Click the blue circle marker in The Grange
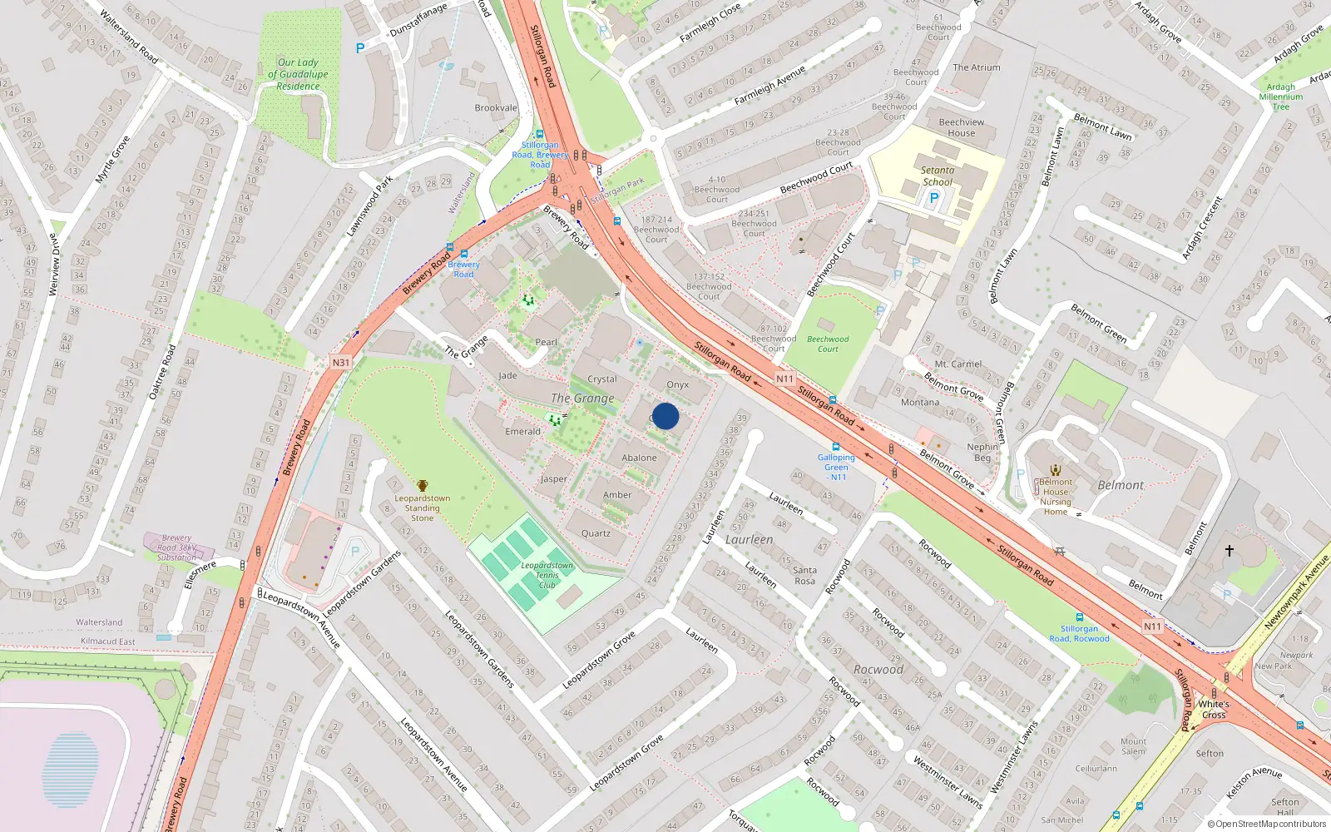pos(665,416)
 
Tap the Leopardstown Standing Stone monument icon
pos(423,486)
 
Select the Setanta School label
pos(938,176)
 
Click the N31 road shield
pos(341,363)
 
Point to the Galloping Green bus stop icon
pos(836,448)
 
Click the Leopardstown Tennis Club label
pos(547,575)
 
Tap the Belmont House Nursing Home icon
pos(1056,470)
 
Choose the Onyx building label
pos(678,385)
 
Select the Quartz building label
pos(596,534)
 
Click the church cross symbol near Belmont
pos(1229,551)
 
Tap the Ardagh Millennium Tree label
pos(1281,97)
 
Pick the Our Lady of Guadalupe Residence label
pos(298,74)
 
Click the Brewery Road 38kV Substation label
pos(176,547)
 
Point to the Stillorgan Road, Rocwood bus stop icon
pos(1079,617)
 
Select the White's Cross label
pos(1214,709)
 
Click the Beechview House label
pos(962,127)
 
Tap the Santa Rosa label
pos(804,575)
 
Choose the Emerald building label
pos(522,432)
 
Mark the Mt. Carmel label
pos(957,364)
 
